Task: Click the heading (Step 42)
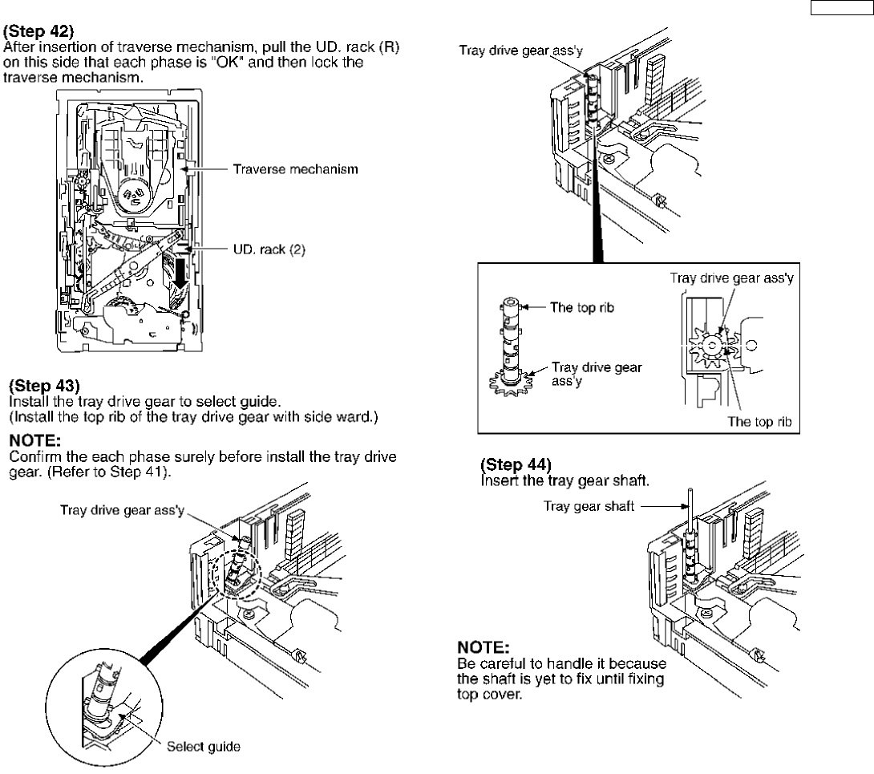click(x=38, y=35)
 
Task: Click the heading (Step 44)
click(x=516, y=464)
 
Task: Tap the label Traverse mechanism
click(x=295, y=169)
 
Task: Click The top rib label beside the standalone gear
click(x=583, y=307)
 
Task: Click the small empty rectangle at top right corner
click(x=839, y=9)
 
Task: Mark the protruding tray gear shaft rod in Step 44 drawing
click(x=689, y=513)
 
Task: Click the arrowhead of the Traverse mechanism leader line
click(x=185, y=169)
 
